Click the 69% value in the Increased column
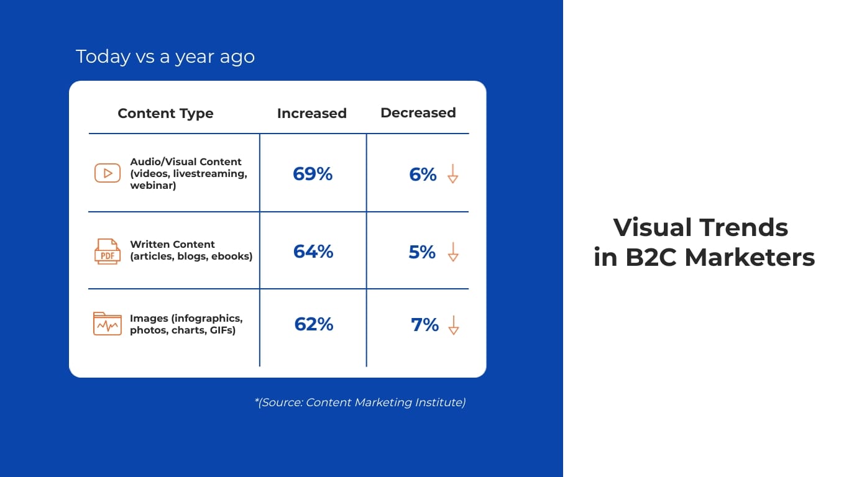(x=313, y=174)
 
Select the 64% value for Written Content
(x=313, y=252)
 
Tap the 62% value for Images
(x=313, y=324)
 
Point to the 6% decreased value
(x=423, y=175)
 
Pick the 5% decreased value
(x=422, y=252)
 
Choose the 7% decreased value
(x=424, y=325)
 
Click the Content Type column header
(x=165, y=114)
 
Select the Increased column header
(x=311, y=114)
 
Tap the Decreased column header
(x=418, y=113)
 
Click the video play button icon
(x=108, y=173)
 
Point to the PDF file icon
(x=107, y=252)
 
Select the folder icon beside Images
(x=107, y=324)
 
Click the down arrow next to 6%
(x=452, y=174)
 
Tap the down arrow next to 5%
(x=453, y=252)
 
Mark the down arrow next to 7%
(x=454, y=325)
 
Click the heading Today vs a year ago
(x=165, y=57)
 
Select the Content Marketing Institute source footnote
(x=360, y=402)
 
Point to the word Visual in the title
(x=651, y=227)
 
